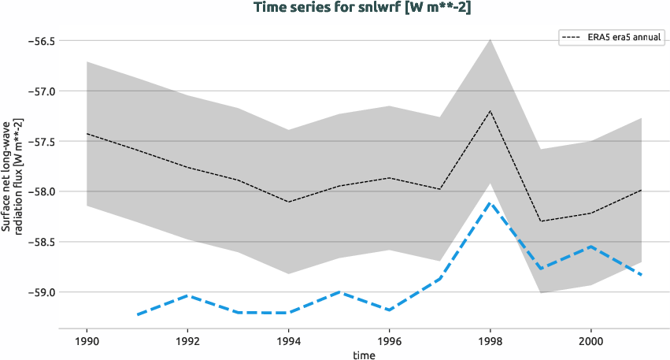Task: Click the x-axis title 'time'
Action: click(x=364, y=354)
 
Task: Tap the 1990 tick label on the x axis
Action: click(x=87, y=341)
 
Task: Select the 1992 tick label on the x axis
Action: click(x=187, y=341)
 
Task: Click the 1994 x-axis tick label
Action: click(x=288, y=341)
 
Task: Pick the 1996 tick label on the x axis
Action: click(x=389, y=341)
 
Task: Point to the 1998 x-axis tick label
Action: click(x=490, y=341)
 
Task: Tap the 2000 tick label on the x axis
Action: click(x=590, y=341)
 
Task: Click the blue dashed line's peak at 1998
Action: click(x=490, y=202)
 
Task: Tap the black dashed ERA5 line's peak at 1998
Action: click(x=490, y=110)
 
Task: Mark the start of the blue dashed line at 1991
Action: click(x=137, y=315)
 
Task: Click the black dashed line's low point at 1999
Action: click(x=540, y=221)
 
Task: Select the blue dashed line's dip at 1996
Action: click(x=389, y=310)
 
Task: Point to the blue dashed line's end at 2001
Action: click(x=641, y=275)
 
